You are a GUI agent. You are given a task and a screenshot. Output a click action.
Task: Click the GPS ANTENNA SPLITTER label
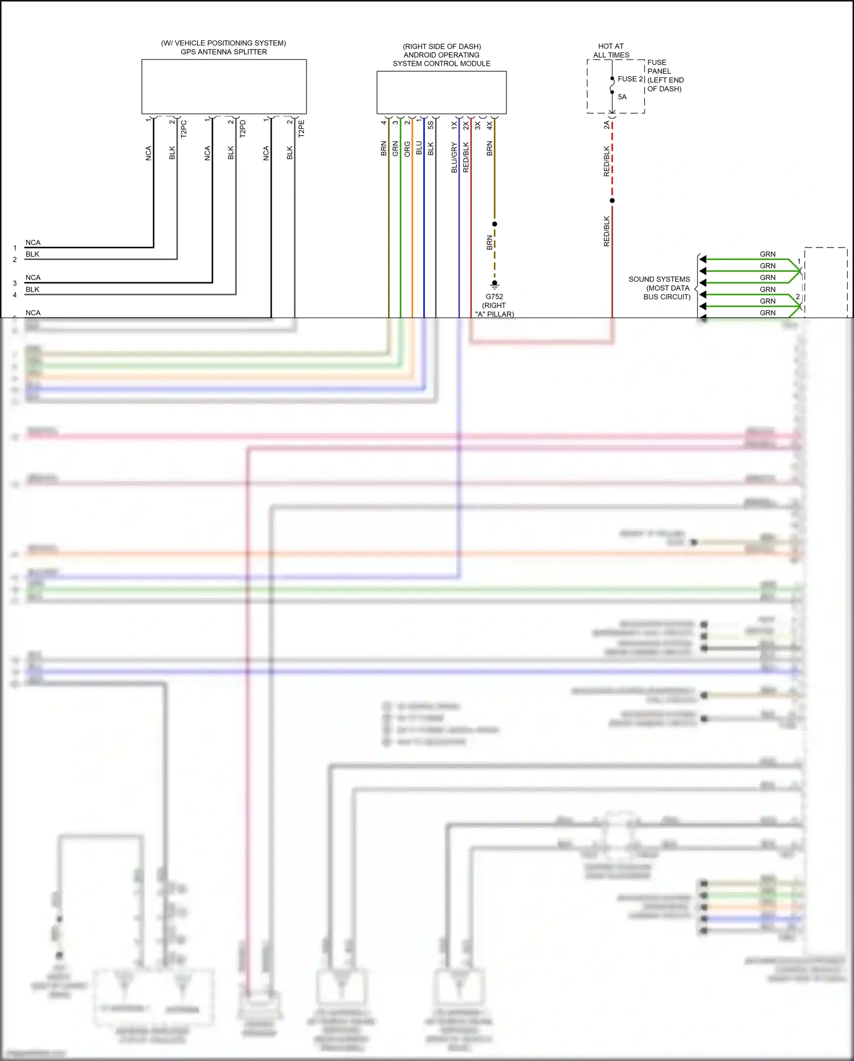click(x=223, y=52)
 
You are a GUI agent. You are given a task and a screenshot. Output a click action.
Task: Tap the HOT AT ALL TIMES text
click(x=611, y=51)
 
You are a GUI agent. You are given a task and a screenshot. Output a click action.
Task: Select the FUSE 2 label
click(x=630, y=79)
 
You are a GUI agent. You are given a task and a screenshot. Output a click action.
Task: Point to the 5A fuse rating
click(x=622, y=97)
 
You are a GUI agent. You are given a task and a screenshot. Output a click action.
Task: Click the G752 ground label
click(x=494, y=296)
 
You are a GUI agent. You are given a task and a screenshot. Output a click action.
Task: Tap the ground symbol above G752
click(x=495, y=284)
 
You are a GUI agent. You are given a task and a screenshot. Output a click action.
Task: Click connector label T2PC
click(x=183, y=129)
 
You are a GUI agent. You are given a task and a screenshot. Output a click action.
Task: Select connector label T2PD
click(x=243, y=129)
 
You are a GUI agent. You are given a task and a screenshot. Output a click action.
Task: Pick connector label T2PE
click(x=301, y=129)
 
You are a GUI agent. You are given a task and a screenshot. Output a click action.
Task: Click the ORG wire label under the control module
click(x=407, y=149)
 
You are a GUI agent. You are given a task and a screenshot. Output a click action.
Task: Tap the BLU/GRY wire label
click(x=454, y=157)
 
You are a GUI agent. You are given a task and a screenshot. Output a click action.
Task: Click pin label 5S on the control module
click(x=431, y=124)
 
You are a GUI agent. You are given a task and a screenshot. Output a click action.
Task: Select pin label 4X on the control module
click(x=489, y=124)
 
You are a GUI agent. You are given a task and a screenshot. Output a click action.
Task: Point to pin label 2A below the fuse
click(x=606, y=124)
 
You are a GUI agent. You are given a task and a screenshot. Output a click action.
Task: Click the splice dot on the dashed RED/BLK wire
click(x=612, y=201)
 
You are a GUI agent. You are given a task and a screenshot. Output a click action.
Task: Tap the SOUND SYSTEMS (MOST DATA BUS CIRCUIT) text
click(x=660, y=288)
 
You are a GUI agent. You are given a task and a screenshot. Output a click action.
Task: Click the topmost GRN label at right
click(x=767, y=254)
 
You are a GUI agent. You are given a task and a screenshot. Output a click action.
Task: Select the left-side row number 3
click(x=15, y=283)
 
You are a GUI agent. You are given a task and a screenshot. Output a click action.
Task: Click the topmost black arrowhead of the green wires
click(x=703, y=259)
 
